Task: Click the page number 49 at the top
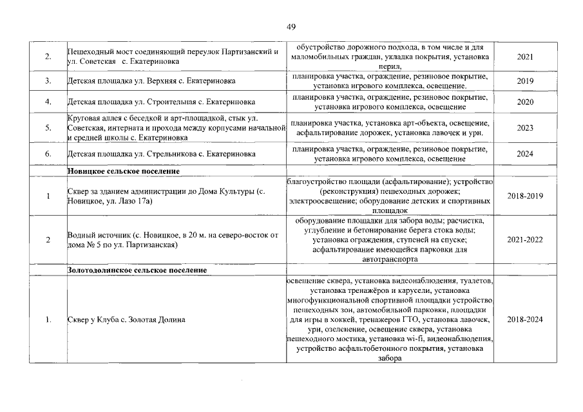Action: (x=291, y=26)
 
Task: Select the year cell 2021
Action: (x=525, y=57)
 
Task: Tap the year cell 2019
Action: (x=525, y=82)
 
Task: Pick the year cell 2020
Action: (x=525, y=102)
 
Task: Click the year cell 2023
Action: (x=525, y=128)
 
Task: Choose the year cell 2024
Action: (x=525, y=154)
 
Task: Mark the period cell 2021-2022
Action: (x=525, y=240)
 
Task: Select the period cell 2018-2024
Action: (x=525, y=320)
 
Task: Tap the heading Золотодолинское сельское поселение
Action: (x=137, y=270)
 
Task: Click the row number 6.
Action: (x=48, y=154)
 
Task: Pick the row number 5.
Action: (x=48, y=128)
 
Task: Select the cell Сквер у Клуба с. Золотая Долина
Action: (x=126, y=320)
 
